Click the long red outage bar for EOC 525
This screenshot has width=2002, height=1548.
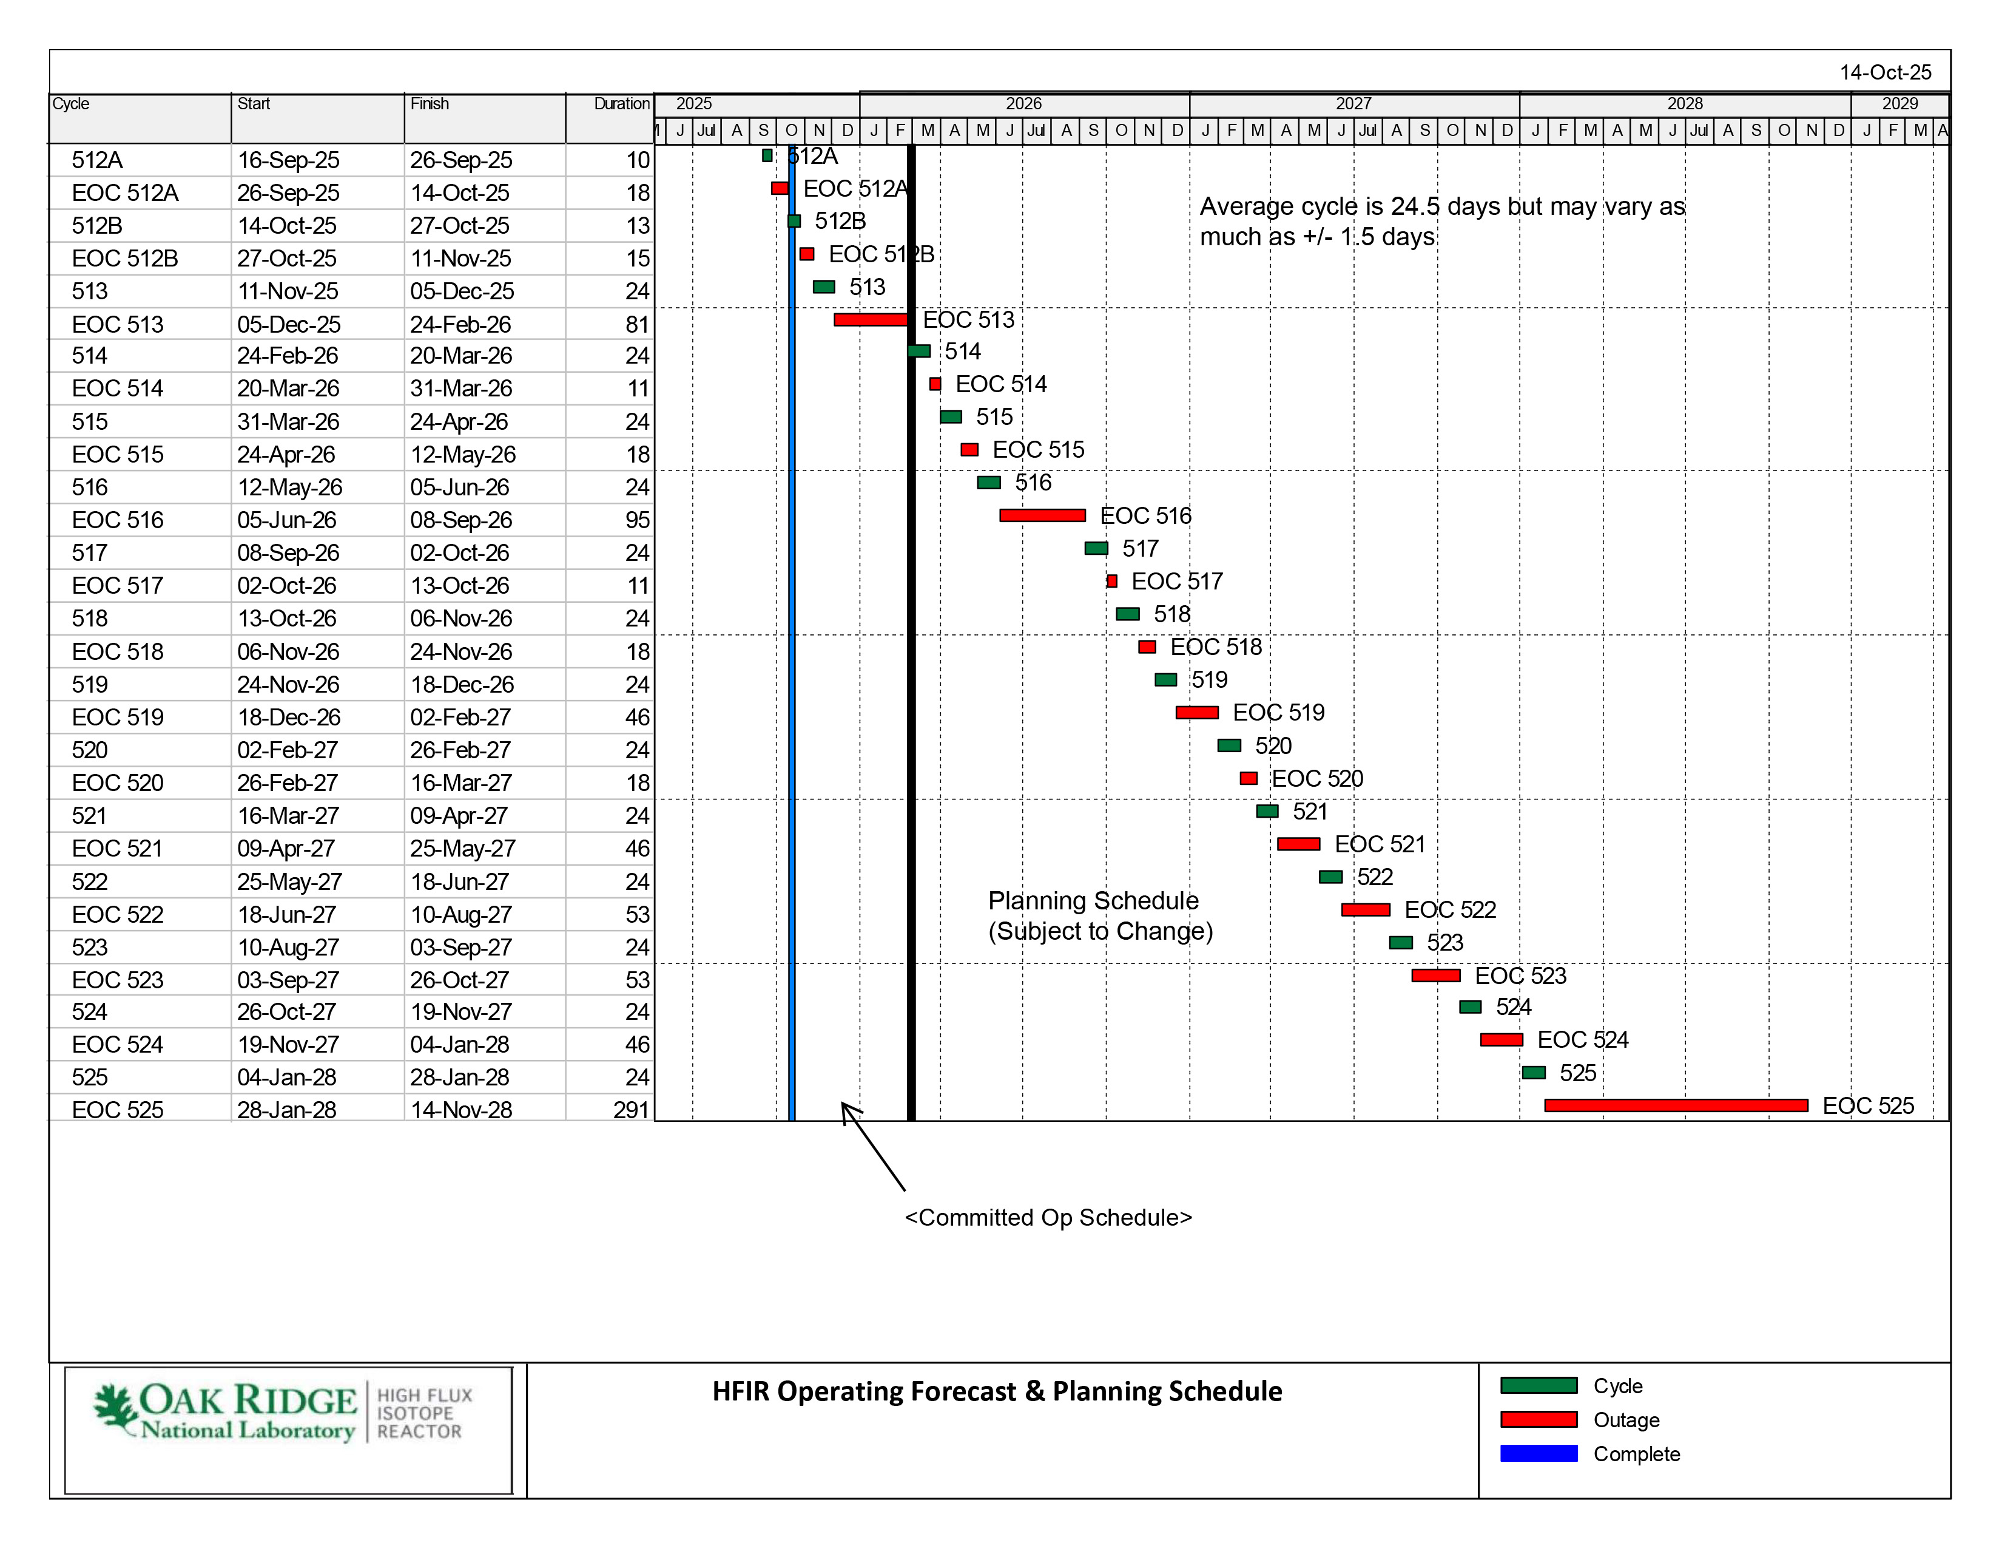[1676, 1105]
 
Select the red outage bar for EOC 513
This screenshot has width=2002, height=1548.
[870, 319]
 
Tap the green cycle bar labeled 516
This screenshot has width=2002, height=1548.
[988, 483]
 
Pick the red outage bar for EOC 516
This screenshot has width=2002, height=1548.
[1042, 515]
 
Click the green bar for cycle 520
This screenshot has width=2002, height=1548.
[1228, 745]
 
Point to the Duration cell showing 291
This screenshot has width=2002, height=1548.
[631, 1110]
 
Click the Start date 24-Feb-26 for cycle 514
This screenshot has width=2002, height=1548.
[287, 356]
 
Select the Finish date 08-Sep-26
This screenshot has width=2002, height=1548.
[460, 520]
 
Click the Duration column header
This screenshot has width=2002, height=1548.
[621, 104]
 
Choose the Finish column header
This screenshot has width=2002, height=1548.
[429, 104]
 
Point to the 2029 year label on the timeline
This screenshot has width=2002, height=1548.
[1899, 104]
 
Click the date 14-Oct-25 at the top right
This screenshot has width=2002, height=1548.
[1885, 72]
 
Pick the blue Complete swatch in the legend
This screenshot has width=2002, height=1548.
[1538, 1453]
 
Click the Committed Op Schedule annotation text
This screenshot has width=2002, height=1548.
[1048, 1217]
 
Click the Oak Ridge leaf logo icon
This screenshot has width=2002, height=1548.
[115, 1408]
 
